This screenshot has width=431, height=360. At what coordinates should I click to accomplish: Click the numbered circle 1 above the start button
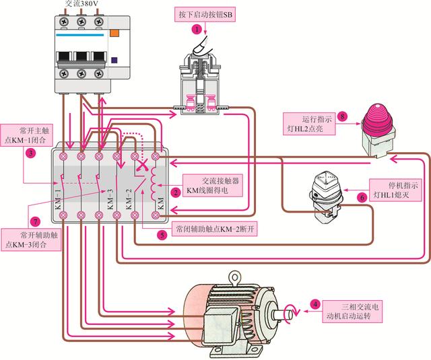point(197,30)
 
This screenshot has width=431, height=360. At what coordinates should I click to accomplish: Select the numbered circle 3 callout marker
point(31,153)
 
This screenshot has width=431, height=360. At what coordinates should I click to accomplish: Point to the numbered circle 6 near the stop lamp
point(362,198)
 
